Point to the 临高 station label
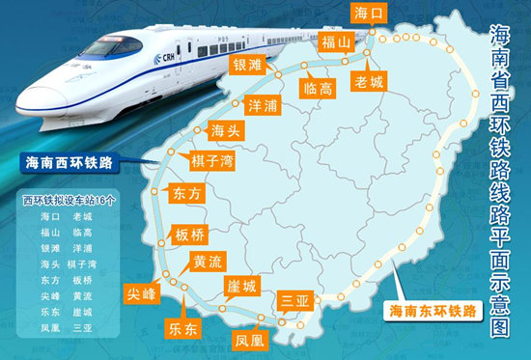tap(318, 88)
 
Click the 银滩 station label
tap(248, 66)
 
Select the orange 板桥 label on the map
tap(188, 235)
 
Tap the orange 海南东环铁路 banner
tap(432, 312)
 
